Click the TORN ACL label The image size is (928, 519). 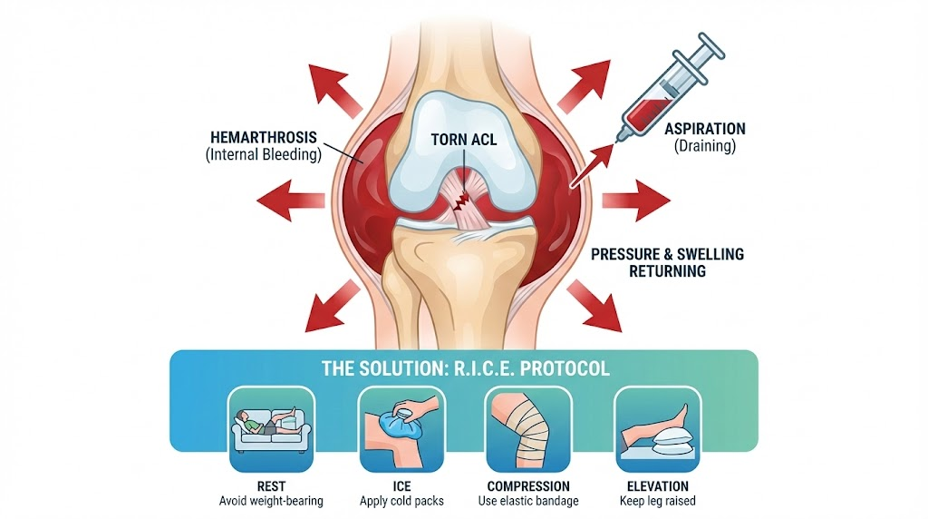pyautogui.click(x=463, y=140)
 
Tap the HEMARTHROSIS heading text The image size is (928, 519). pyautogui.click(x=264, y=137)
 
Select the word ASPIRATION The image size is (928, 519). pyautogui.click(x=705, y=129)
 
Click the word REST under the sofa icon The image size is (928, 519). pyautogui.click(x=271, y=486)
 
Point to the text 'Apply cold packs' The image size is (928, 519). pyautogui.click(x=401, y=501)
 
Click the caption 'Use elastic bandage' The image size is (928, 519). pyautogui.click(x=528, y=501)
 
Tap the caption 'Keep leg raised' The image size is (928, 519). pyautogui.click(x=658, y=501)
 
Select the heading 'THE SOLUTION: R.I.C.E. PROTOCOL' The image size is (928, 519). pyautogui.click(x=465, y=368)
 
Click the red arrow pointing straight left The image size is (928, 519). pyautogui.click(x=291, y=201)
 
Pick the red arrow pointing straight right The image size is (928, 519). pyautogui.click(x=636, y=201)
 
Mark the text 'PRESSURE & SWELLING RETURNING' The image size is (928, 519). pyautogui.click(x=667, y=262)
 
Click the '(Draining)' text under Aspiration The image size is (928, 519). pyautogui.click(x=705, y=146)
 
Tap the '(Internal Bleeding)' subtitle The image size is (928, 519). pyautogui.click(x=264, y=154)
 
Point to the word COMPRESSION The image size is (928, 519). pyautogui.click(x=528, y=486)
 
